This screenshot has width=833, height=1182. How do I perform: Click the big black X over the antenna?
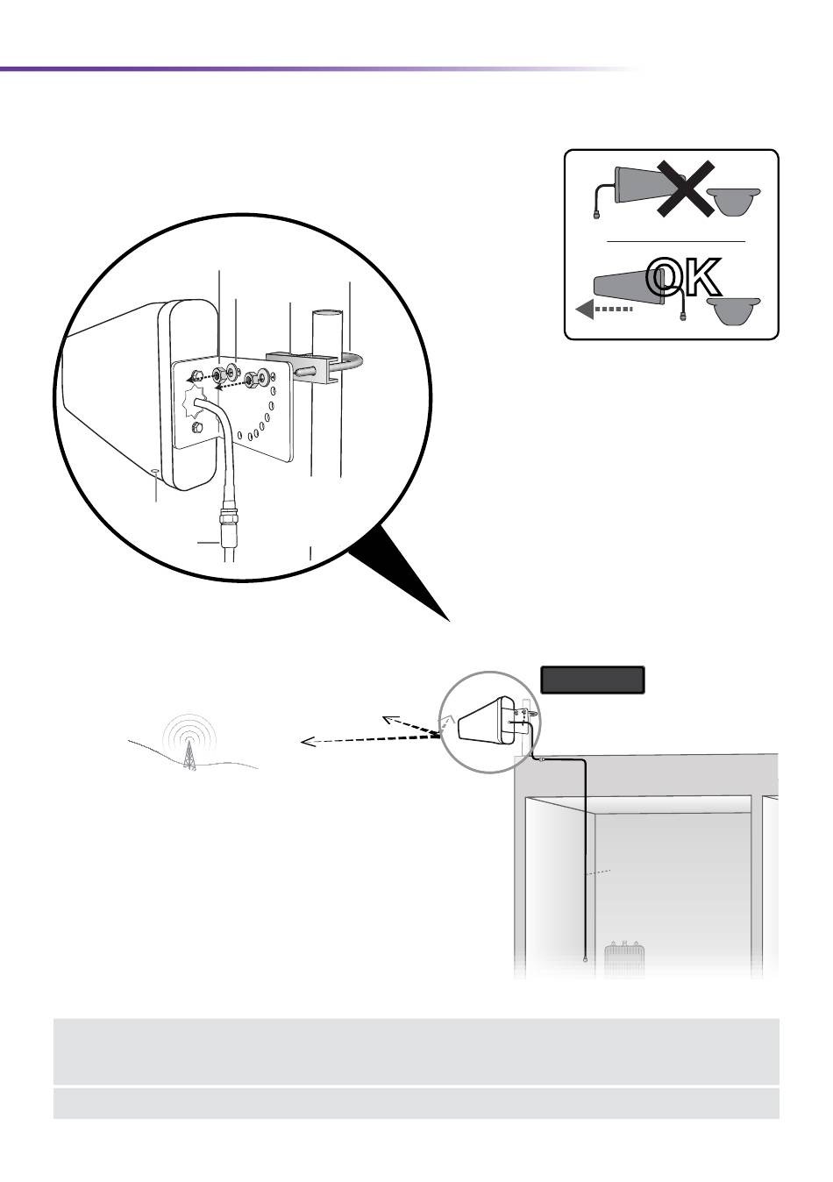point(686,189)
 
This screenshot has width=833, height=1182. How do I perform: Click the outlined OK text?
point(683,277)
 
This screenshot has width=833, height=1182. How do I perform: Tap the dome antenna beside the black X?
point(734,202)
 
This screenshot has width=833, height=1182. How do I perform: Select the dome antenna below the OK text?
point(734,310)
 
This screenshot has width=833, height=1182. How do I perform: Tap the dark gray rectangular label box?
point(592,680)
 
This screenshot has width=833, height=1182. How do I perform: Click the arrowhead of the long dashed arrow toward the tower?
point(308,742)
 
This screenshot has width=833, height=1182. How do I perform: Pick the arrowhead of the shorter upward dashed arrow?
point(389,720)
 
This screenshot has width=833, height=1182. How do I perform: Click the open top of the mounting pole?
point(328,312)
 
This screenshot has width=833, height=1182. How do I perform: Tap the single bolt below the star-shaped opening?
point(197,427)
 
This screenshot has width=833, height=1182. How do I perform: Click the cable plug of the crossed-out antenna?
point(596,215)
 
